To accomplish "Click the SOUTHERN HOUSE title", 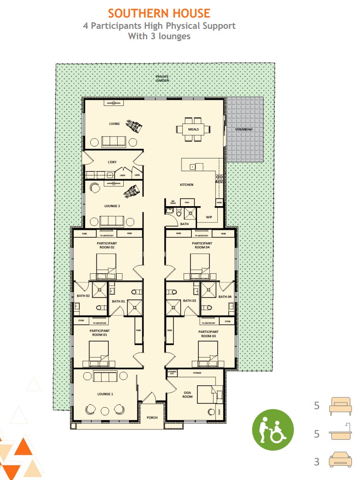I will pyautogui.click(x=159, y=13).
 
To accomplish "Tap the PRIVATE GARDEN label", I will pyautogui.click(x=162, y=79).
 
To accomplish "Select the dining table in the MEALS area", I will pyautogui.click(x=193, y=129).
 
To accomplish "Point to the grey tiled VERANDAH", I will pyautogui.click(x=244, y=129).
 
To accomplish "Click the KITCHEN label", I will pyautogui.click(x=186, y=185).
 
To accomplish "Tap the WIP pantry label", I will pyautogui.click(x=208, y=217).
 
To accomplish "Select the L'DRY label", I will pyautogui.click(x=112, y=162).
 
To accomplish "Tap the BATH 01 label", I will pyautogui.click(x=118, y=301).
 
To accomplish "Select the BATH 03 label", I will pyautogui.click(x=189, y=301).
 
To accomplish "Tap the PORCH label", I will pyautogui.click(x=152, y=417).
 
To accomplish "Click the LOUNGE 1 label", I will pyautogui.click(x=105, y=394).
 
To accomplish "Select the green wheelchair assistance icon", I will pyautogui.click(x=272, y=429).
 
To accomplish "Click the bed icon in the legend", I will pyautogui.click(x=340, y=406).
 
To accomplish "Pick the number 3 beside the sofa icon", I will pyautogui.click(x=317, y=462).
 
